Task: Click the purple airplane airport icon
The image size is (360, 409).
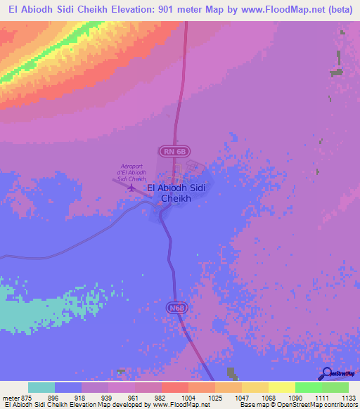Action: pyautogui.click(x=132, y=188)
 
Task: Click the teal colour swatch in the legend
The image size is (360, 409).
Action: pyautogui.click(x=41, y=388)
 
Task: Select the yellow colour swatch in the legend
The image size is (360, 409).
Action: pyautogui.click(x=281, y=388)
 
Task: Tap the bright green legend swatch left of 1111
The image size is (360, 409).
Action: pyautogui.click(x=308, y=388)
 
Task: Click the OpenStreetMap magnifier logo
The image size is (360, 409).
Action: pyautogui.click(x=328, y=373)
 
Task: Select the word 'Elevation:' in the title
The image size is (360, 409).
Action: pyautogui.click(x=131, y=12)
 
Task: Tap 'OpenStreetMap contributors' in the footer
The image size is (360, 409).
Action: pyautogui.click(x=316, y=405)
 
